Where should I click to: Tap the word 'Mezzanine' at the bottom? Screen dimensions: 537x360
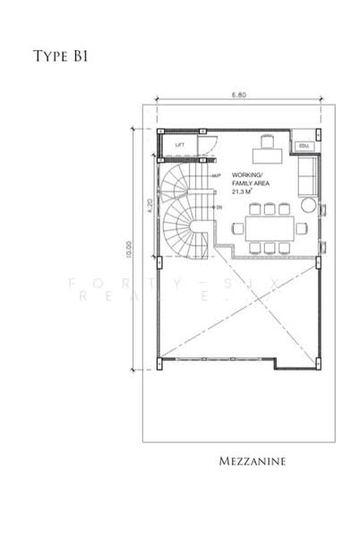pos(254,463)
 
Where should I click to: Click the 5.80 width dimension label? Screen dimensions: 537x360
pos(237,95)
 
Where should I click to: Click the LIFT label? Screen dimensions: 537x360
pos(180,144)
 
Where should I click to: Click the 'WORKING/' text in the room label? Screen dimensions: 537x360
pos(246,175)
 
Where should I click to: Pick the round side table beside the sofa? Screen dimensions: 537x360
pos(308,206)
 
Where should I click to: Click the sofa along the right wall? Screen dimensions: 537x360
pos(305,178)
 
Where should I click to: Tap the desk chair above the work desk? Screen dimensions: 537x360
pos(266,141)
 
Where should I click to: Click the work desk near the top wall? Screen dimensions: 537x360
pos(267,154)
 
